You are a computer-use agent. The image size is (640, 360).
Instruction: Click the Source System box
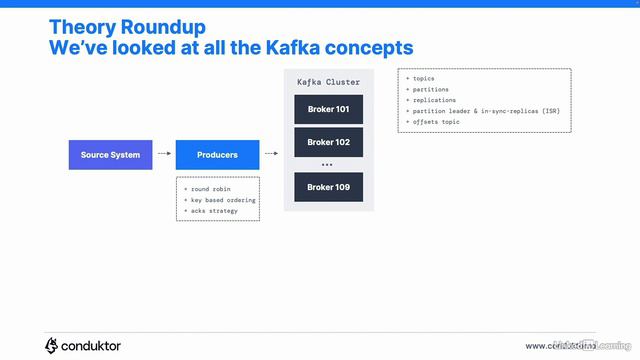pyautogui.click(x=111, y=155)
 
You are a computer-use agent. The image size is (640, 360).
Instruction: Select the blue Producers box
pyautogui.click(x=217, y=155)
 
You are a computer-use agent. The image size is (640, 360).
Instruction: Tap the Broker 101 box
pyautogui.click(x=328, y=110)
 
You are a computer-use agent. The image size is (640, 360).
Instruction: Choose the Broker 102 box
pyautogui.click(x=328, y=142)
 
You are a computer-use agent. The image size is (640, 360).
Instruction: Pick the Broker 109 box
pyautogui.click(x=328, y=187)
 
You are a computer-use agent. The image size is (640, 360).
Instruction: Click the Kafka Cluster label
pyautogui.click(x=328, y=81)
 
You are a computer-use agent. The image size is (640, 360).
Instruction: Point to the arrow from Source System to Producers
pyautogui.click(x=164, y=155)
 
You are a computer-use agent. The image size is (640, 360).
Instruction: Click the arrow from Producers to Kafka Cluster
pyautogui.click(x=271, y=155)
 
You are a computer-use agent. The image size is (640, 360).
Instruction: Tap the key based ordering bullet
pyautogui.click(x=219, y=199)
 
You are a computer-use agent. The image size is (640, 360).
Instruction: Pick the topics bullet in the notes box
pyautogui.click(x=422, y=78)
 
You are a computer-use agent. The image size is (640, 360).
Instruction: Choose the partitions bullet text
pyautogui.click(x=429, y=89)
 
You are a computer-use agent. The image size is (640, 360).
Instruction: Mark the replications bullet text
pyautogui.click(x=433, y=100)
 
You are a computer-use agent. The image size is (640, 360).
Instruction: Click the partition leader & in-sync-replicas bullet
pyautogui.click(x=481, y=111)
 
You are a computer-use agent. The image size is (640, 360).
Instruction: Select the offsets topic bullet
pyautogui.click(x=436, y=122)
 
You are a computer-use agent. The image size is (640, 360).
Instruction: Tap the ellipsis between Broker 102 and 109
pyautogui.click(x=328, y=164)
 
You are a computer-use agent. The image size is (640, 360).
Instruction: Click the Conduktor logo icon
pyautogui.click(x=51, y=345)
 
